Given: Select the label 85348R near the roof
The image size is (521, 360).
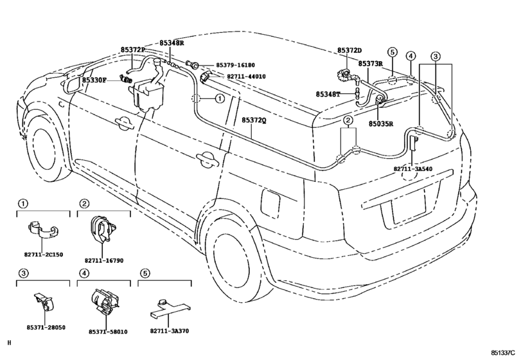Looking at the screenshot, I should click(x=172, y=42).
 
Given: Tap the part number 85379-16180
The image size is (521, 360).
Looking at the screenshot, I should click(x=235, y=66).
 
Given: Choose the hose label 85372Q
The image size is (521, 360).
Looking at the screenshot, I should click(x=254, y=120).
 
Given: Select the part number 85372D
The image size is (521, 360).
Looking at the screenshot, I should click(x=350, y=50).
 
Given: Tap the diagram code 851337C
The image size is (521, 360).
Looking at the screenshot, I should click(x=504, y=352).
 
